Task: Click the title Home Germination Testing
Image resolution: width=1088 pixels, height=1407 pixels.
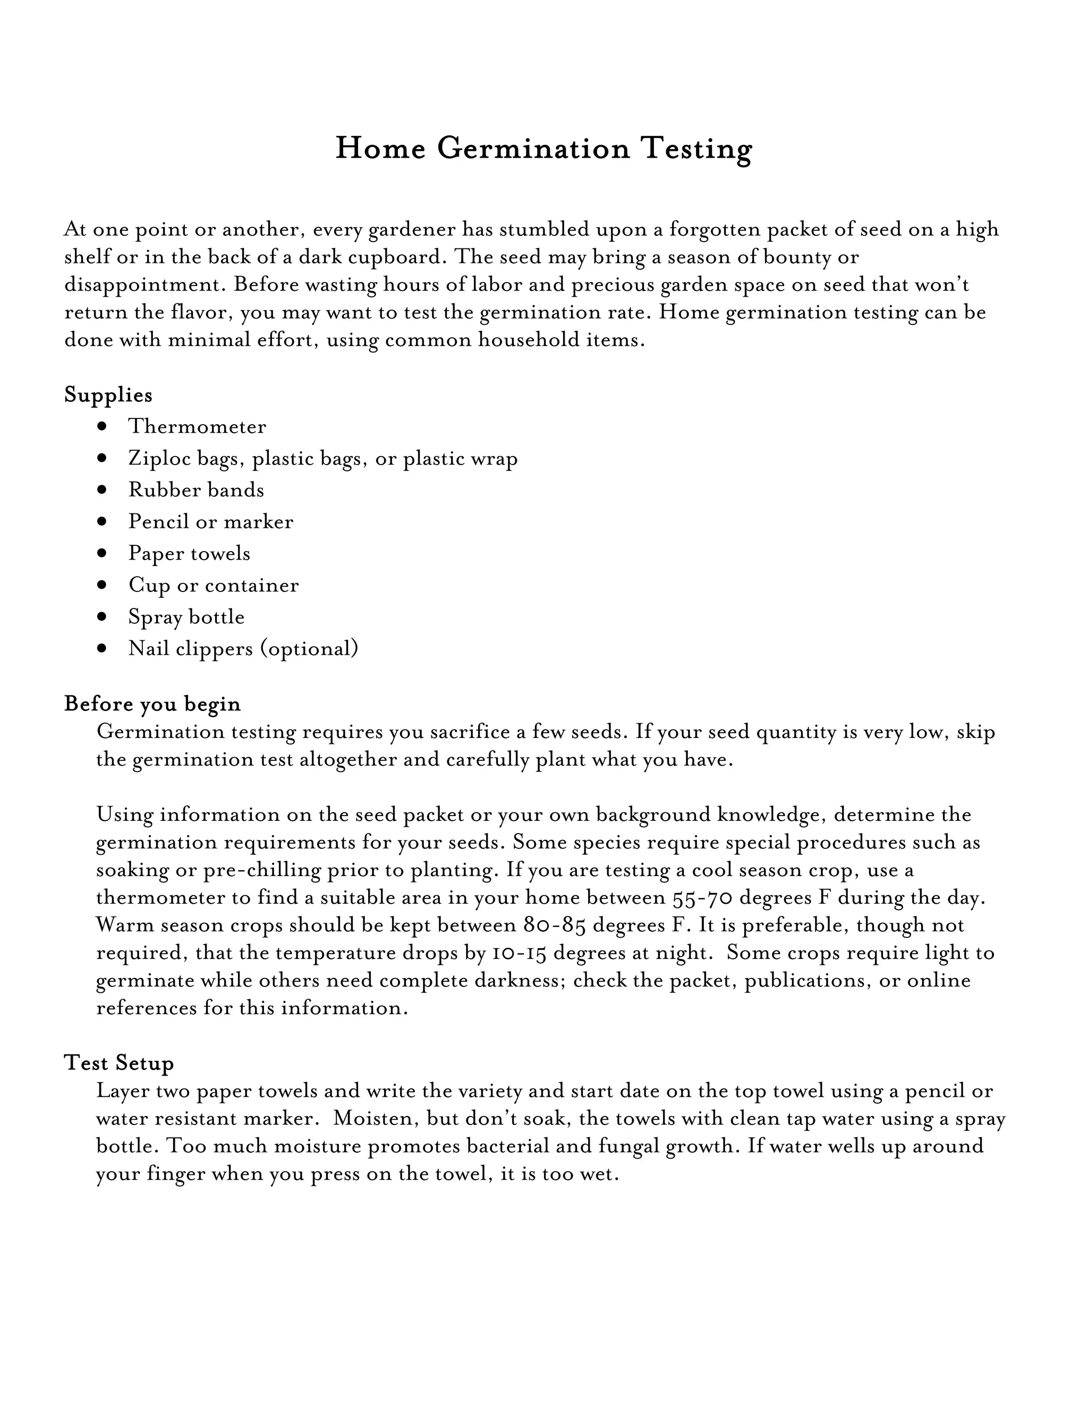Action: coord(543,149)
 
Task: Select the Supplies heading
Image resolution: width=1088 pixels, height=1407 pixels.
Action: coord(108,394)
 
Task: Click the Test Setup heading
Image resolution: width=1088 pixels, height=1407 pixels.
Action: coord(118,1062)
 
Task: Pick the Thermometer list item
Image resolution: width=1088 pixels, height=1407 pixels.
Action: coord(197,426)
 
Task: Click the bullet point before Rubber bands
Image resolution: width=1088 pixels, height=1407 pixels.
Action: coord(102,490)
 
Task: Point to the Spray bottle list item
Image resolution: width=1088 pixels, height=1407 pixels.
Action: coord(186,616)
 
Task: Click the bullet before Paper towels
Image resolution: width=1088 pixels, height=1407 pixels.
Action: coord(102,553)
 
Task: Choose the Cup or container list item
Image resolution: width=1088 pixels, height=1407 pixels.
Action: coord(214,585)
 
